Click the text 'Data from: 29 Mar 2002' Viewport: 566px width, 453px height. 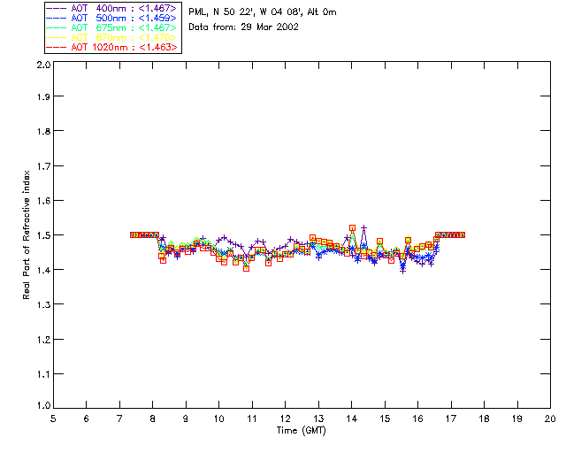243,27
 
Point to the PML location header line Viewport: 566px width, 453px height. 263,12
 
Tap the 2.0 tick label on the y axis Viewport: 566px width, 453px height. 42,65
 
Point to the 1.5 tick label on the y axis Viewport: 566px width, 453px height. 42,235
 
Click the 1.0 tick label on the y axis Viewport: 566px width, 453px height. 42,406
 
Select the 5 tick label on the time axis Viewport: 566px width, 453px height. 53,418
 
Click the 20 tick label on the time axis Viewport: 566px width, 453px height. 550,418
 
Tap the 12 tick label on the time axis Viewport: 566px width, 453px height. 285,418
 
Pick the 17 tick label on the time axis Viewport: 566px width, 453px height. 451,418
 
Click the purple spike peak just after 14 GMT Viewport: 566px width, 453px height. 363,228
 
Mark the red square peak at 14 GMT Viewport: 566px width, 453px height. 352,227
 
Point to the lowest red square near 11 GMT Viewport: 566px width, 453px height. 246,267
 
